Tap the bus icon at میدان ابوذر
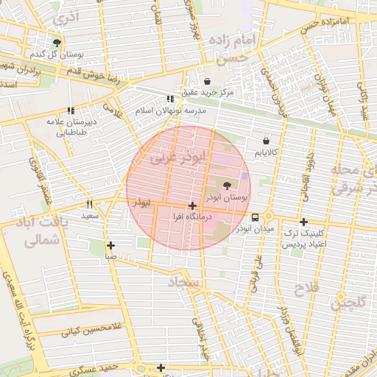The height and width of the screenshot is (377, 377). tap(255, 218)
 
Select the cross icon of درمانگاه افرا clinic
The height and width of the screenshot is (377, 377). tap(193, 206)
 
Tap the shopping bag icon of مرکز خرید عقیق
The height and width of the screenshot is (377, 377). tap(207, 81)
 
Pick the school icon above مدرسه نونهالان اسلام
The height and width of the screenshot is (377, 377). tap(169, 98)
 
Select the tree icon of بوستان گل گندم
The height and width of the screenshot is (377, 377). tap(57, 43)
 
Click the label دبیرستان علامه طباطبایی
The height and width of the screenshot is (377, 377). tap(71, 127)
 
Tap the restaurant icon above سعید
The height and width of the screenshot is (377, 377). tap(90, 204)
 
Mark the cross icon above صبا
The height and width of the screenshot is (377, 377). tap(110, 246)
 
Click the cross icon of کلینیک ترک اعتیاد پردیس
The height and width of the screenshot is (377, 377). tap(303, 222)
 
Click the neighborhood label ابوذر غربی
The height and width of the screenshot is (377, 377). tap(180, 158)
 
